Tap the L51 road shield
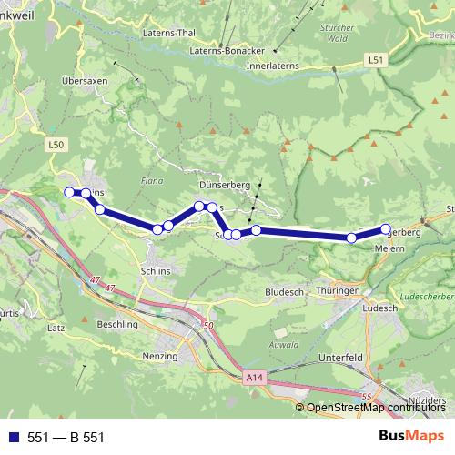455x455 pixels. pos(376,60)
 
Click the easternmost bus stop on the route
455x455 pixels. pos(385,229)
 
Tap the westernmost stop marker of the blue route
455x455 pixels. pos(68,191)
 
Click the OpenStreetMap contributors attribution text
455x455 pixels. pos(375,407)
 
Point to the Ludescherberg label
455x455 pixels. pos(424,297)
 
